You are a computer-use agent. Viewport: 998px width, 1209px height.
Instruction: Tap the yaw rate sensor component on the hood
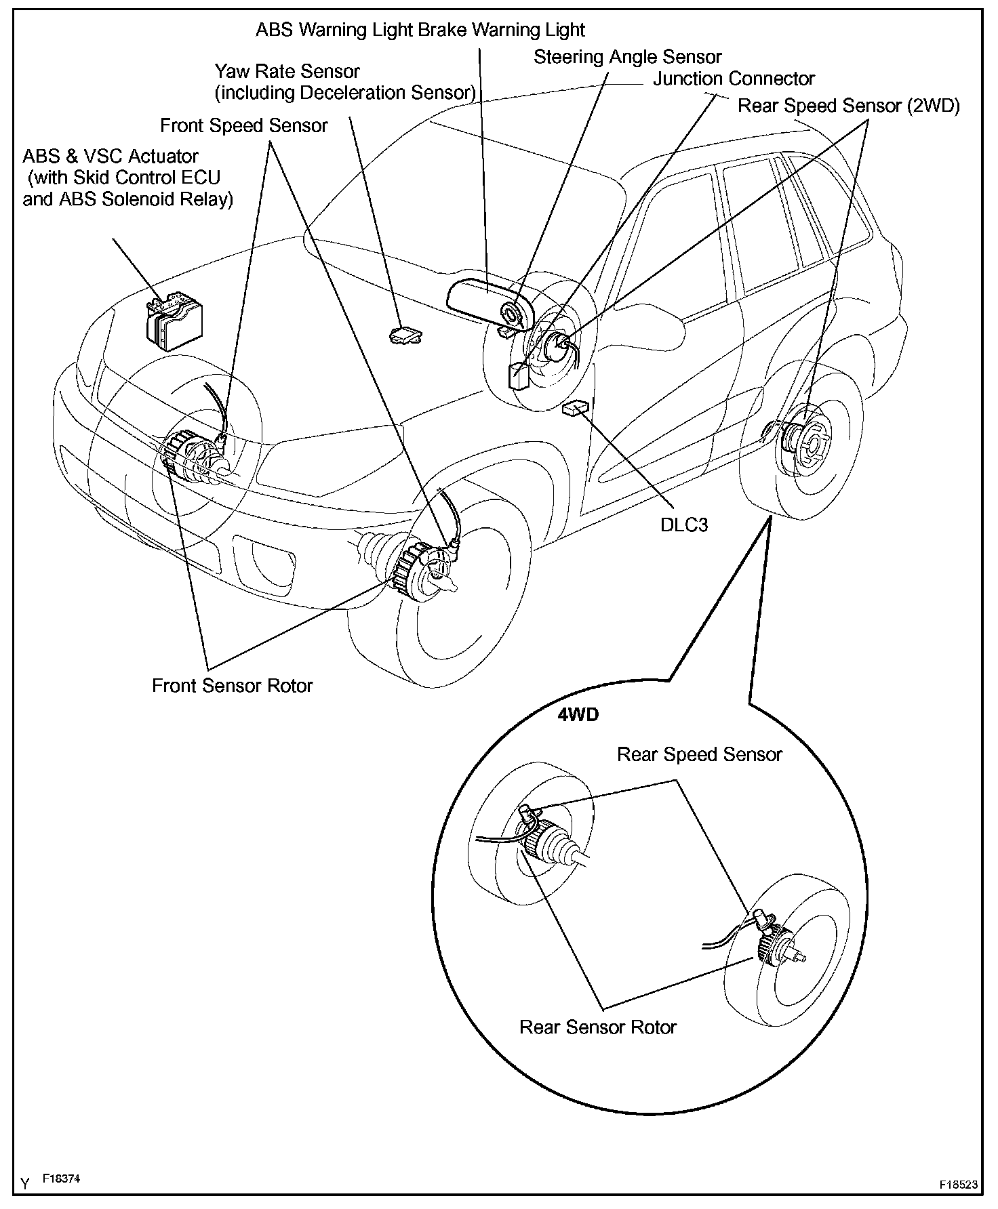[405, 333]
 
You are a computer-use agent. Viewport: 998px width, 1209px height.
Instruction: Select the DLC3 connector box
[576, 409]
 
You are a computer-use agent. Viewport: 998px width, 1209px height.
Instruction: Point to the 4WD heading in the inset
[578, 715]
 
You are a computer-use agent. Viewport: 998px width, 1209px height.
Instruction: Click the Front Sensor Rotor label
[232, 685]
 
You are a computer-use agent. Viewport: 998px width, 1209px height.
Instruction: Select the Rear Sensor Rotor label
[597, 1027]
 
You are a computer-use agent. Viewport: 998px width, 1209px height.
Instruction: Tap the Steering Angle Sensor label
[627, 57]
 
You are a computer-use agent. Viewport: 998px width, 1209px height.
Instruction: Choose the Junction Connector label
[734, 79]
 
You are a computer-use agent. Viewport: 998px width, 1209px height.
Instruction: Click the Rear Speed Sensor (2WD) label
[848, 106]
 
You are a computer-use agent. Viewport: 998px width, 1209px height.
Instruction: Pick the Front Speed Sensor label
[243, 125]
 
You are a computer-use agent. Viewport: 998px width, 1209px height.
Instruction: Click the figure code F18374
[61, 1179]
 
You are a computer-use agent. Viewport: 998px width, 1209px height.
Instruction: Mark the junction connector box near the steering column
[519, 375]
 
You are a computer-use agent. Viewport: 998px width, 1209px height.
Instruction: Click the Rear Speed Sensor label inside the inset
[699, 754]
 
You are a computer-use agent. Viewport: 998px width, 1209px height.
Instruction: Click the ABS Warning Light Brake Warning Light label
[420, 30]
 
